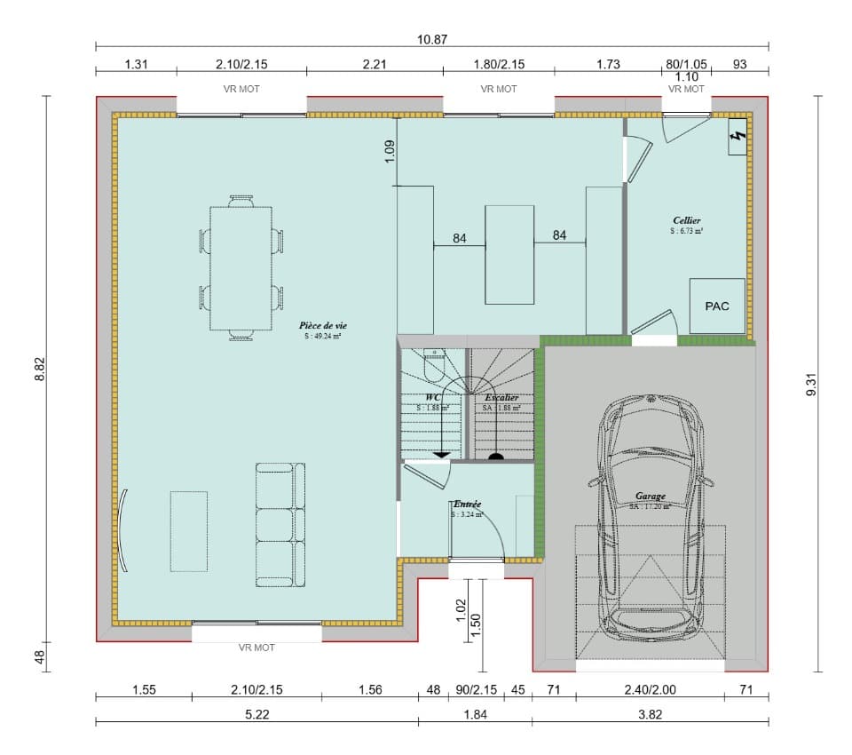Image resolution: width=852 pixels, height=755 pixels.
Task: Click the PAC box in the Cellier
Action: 717,306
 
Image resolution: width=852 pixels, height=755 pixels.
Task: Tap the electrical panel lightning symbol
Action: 736,138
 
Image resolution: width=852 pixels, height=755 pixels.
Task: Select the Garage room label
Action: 650,497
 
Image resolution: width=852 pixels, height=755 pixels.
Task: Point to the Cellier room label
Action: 687,219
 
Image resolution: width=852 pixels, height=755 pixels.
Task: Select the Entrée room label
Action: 467,504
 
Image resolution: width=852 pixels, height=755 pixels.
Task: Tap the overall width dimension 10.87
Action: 431,40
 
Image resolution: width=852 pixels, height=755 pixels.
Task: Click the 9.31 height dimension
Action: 809,384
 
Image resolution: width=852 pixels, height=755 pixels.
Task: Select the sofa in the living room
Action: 280,525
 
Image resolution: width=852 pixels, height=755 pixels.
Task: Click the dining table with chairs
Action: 241,268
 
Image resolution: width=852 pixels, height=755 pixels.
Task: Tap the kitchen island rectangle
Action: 509,254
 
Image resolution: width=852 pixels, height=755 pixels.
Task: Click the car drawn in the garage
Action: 651,515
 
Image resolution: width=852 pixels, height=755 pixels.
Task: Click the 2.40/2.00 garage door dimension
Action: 650,689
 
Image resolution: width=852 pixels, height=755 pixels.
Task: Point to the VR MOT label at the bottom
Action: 256,648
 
